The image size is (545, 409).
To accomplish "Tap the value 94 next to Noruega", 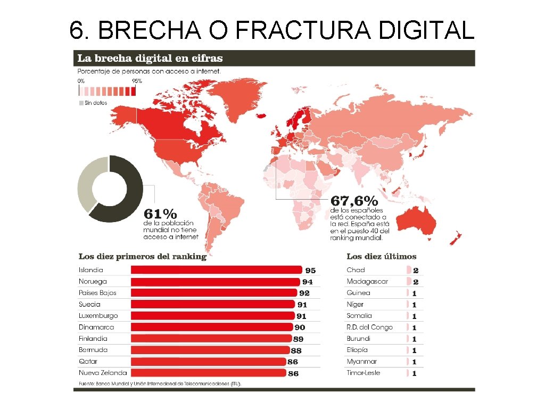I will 308,282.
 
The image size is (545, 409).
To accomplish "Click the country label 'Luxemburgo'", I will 98,316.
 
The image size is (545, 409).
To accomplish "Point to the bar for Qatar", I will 208,362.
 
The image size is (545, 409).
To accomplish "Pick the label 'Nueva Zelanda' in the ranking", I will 103,373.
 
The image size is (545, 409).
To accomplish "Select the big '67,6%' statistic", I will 354,201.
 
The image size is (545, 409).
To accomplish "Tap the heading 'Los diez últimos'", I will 381,256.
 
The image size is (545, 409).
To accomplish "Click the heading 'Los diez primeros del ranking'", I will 142,256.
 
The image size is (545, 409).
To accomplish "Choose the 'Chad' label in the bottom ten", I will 356,270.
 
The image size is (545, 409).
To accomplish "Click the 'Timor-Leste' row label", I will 363,373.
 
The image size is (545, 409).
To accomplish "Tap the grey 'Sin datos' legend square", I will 81,102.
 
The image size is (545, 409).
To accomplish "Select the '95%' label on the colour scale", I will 137,81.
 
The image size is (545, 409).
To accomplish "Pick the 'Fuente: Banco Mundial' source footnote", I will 160,383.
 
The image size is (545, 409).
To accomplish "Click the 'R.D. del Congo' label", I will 369,327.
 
